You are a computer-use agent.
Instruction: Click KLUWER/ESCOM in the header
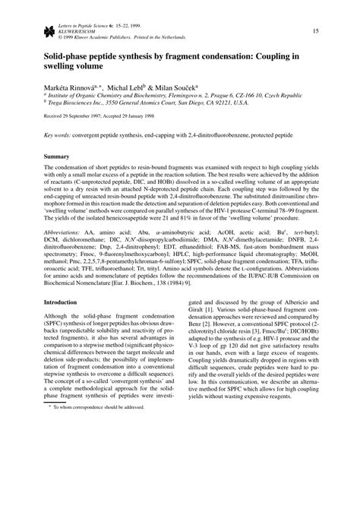(x=74, y=32)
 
